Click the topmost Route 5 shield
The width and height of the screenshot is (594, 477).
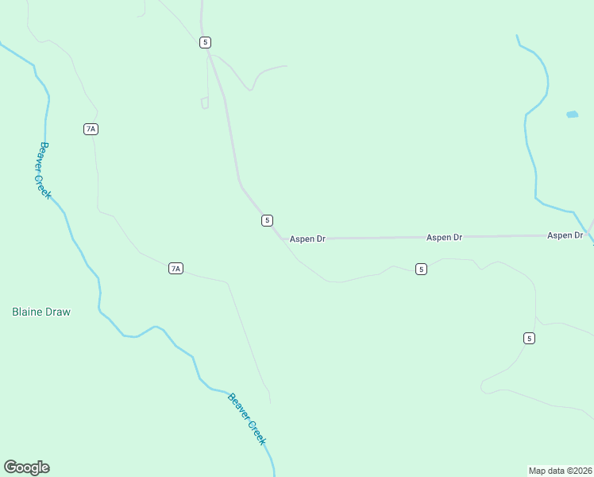coord(206,42)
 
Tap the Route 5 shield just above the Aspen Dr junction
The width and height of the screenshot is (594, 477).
coord(268,220)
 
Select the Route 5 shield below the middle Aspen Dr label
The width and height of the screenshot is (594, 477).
coord(421,270)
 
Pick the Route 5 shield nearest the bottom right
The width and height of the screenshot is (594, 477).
coord(529,339)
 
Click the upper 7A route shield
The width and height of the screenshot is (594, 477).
coord(91,129)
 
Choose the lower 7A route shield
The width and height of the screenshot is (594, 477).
coord(175,269)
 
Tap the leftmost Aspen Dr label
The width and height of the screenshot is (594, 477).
coord(307,238)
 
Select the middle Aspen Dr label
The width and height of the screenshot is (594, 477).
coord(444,238)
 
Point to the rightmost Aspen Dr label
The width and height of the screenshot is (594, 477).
coord(565,236)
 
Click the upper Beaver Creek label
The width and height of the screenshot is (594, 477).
coord(44,170)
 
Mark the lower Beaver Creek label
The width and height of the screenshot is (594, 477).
coord(247,419)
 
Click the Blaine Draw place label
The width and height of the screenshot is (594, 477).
coord(41,312)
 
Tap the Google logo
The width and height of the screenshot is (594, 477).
coord(27,467)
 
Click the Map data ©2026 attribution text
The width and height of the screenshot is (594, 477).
coord(560,471)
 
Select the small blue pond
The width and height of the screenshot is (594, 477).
coord(572,114)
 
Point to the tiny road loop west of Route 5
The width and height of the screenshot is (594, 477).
coord(205,103)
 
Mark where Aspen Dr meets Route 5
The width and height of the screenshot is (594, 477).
coord(282,238)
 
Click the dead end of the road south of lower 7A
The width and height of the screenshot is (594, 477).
coord(270,401)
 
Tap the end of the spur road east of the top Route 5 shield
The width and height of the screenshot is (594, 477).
coord(286,66)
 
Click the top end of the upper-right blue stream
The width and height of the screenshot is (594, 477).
coord(517,36)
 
